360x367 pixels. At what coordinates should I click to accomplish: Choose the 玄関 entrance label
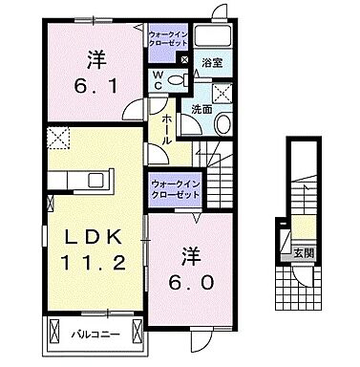(x=302, y=253)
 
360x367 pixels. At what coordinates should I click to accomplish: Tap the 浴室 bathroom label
(x=212, y=63)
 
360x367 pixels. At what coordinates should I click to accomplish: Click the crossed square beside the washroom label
(x=225, y=94)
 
